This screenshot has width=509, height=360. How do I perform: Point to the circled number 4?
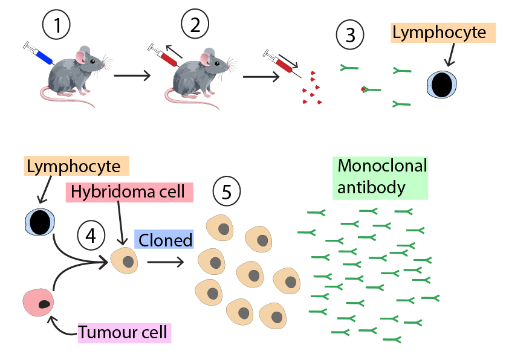point(91,234)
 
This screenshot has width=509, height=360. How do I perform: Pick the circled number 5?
point(227,191)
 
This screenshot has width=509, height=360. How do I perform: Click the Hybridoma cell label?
point(129,192)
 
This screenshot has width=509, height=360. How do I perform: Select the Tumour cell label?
point(125,333)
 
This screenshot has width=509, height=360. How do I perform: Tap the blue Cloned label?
point(164,240)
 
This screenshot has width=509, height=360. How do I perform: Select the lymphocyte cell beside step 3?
point(443,85)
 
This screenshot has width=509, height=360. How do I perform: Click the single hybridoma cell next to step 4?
point(125,262)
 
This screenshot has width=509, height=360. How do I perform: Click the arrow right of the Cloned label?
point(165,262)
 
